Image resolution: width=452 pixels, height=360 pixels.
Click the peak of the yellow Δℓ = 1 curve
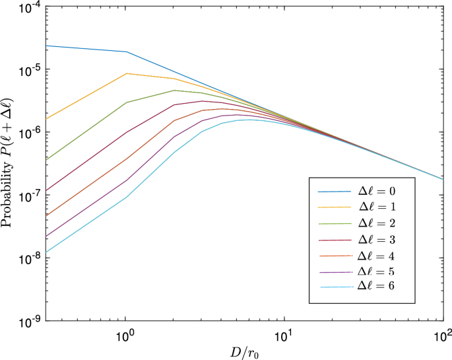coord(126,73)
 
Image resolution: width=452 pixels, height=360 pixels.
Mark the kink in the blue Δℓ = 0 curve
coord(126,52)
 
